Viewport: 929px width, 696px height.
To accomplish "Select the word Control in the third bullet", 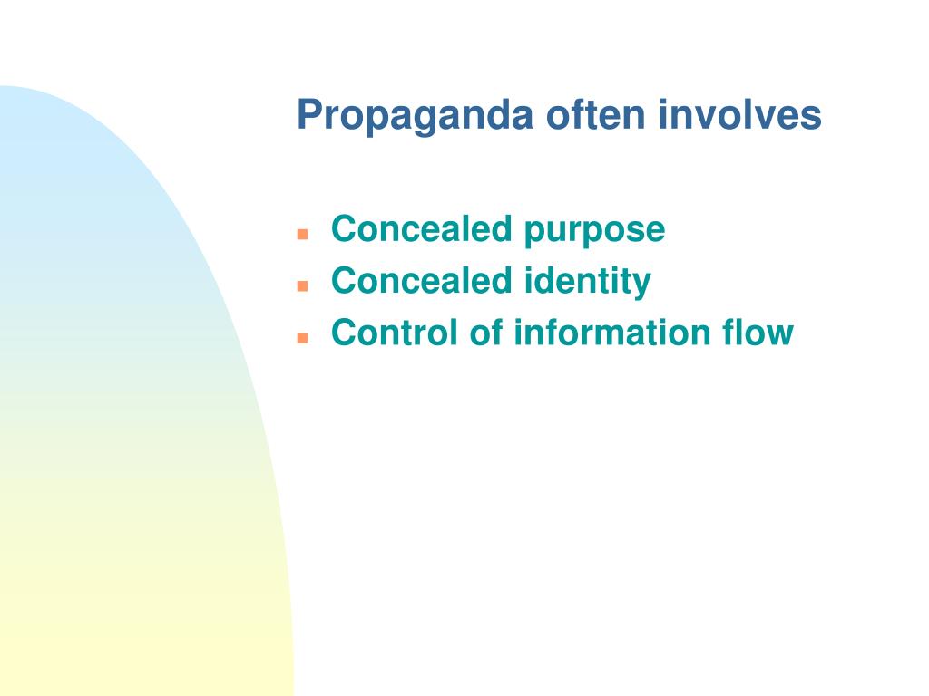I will click(395, 333).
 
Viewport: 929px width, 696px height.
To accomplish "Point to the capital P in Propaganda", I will click(308, 115).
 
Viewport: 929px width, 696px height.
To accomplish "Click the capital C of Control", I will click(343, 333).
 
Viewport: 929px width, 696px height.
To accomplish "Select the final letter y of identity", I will click(642, 285).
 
